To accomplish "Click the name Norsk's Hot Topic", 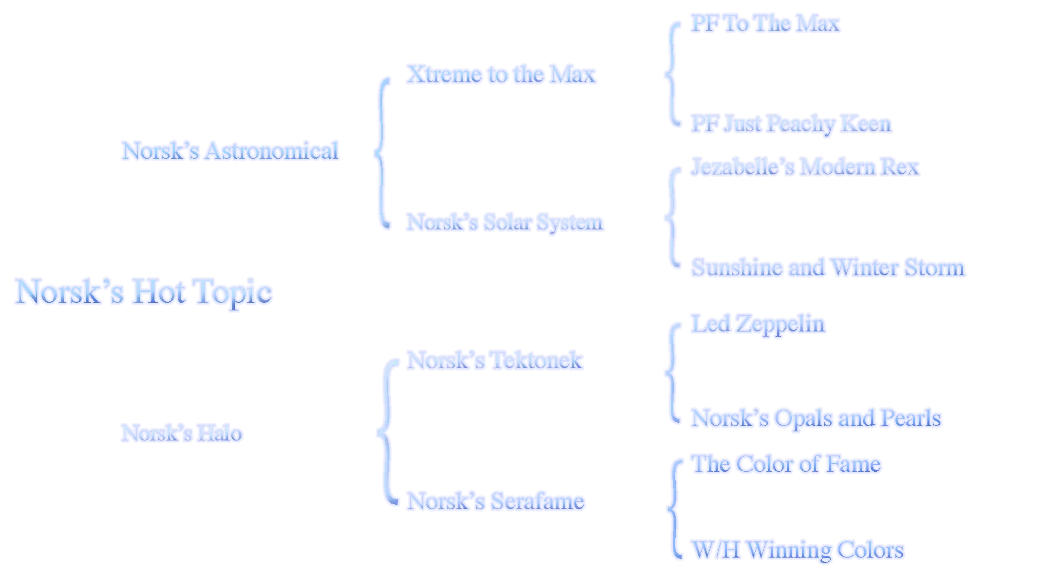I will click(144, 292).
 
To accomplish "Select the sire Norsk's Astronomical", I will click(229, 151).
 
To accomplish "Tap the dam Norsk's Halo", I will click(181, 433).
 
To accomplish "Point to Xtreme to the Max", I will click(501, 74).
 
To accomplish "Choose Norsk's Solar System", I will click(505, 222).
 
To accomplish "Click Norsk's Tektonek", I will click(495, 360).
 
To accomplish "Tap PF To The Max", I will click(765, 23).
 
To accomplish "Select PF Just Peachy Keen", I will click(791, 124).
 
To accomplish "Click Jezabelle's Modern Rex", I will click(805, 166).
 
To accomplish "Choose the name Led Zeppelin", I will click(758, 324).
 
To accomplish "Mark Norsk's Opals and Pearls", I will click(817, 418).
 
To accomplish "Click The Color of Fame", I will click(786, 464).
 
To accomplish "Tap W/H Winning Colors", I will click(798, 550).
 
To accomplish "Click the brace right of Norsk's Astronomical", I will click(383, 153).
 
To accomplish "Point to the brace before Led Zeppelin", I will click(671, 372).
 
